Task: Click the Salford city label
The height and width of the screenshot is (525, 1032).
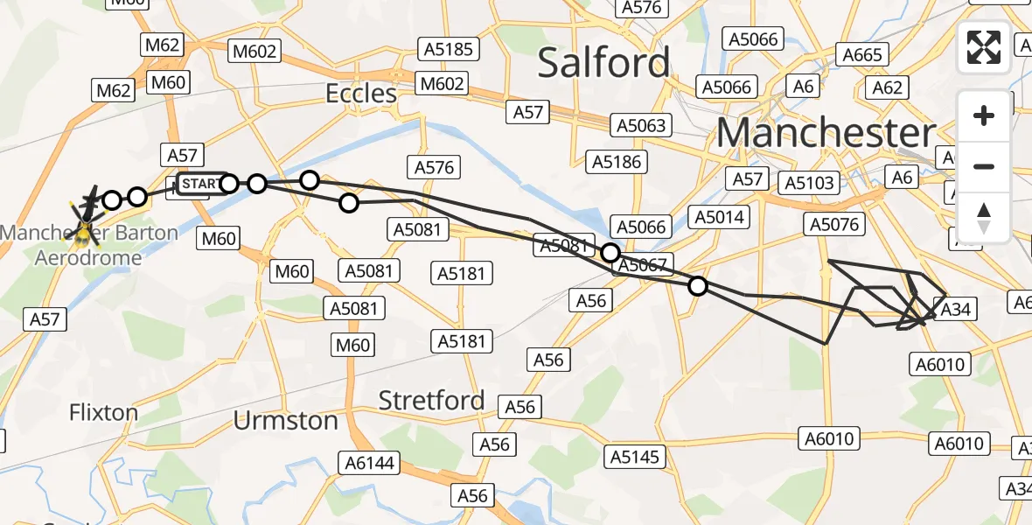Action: pyautogui.click(x=603, y=63)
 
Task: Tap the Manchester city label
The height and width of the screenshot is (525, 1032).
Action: pyautogui.click(x=826, y=133)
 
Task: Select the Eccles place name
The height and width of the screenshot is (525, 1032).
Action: pyautogui.click(x=361, y=93)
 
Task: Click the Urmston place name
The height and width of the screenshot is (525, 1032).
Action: pyautogui.click(x=286, y=421)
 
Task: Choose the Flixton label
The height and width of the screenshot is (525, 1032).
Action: pyautogui.click(x=103, y=412)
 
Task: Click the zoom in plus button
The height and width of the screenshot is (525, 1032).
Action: pyautogui.click(x=984, y=115)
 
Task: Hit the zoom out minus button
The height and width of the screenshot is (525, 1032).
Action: pyautogui.click(x=984, y=166)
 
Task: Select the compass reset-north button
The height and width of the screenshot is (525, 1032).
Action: pyautogui.click(x=984, y=217)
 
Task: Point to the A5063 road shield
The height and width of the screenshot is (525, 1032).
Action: pyautogui.click(x=641, y=125)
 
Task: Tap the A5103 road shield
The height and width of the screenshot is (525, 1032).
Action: pyautogui.click(x=810, y=183)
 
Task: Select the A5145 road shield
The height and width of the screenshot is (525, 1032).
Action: pyautogui.click(x=637, y=456)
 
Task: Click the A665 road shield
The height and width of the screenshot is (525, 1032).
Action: pyautogui.click(x=863, y=55)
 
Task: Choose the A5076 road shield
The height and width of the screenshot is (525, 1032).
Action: pyautogui.click(x=833, y=225)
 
